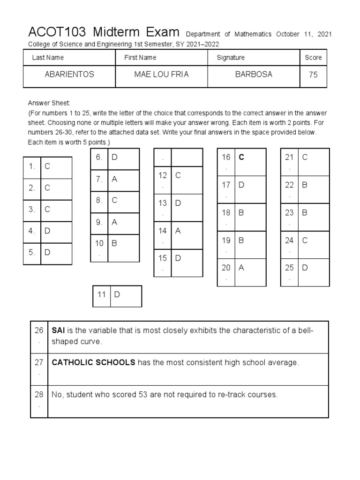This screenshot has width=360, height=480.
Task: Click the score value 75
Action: [313, 75]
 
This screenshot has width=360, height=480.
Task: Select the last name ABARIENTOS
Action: [69, 75]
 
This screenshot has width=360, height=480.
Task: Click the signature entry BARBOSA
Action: [254, 75]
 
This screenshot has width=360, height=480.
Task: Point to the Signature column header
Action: [231, 58]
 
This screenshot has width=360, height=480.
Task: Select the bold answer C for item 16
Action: [242, 157]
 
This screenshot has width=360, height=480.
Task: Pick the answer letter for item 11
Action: [117, 294]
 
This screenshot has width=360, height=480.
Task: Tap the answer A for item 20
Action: [241, 268]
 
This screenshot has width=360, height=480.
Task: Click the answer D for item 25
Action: [305, 268]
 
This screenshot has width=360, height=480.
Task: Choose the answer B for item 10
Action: [114, 243]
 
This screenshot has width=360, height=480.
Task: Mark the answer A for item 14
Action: [178, 231]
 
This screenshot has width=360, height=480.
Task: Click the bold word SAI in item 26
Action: [58, 330]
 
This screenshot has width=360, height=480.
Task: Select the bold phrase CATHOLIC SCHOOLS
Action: [93, 362]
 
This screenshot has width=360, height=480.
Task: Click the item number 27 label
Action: [38, 363]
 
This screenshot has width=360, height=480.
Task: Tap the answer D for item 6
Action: [114, 157]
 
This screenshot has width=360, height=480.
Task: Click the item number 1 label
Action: [31, 166]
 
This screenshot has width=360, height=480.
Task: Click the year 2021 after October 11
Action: [324, 34]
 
